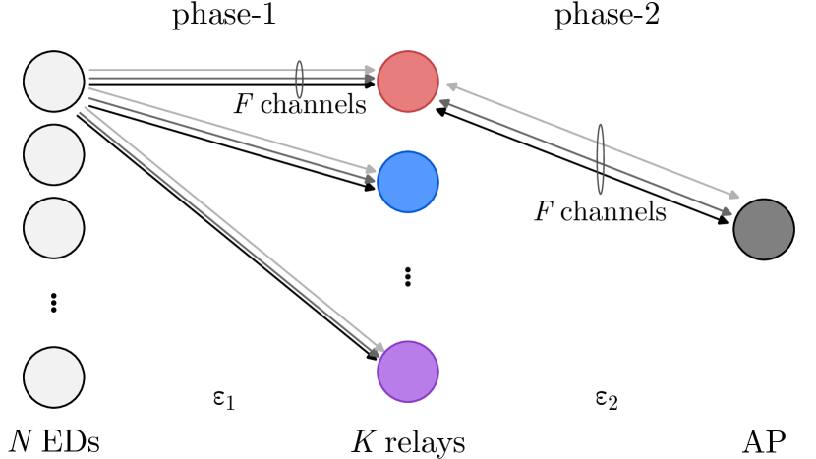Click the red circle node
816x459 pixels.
click(408, 82)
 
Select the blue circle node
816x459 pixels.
click(408, 182)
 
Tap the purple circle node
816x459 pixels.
click(408, 372)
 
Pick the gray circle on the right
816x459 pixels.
click(764, 229)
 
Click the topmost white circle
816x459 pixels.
click(54, 82)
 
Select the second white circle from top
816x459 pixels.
click(54, 154)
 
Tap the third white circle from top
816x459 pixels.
click(54, 228)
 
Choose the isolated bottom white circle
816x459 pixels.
click(54, 377)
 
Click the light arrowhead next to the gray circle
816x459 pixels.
click(733, 196)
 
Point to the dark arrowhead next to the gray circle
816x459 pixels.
click(727, 211)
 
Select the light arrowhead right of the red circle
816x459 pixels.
click(452, 86)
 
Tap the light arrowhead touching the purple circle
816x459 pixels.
click(379, 347)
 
